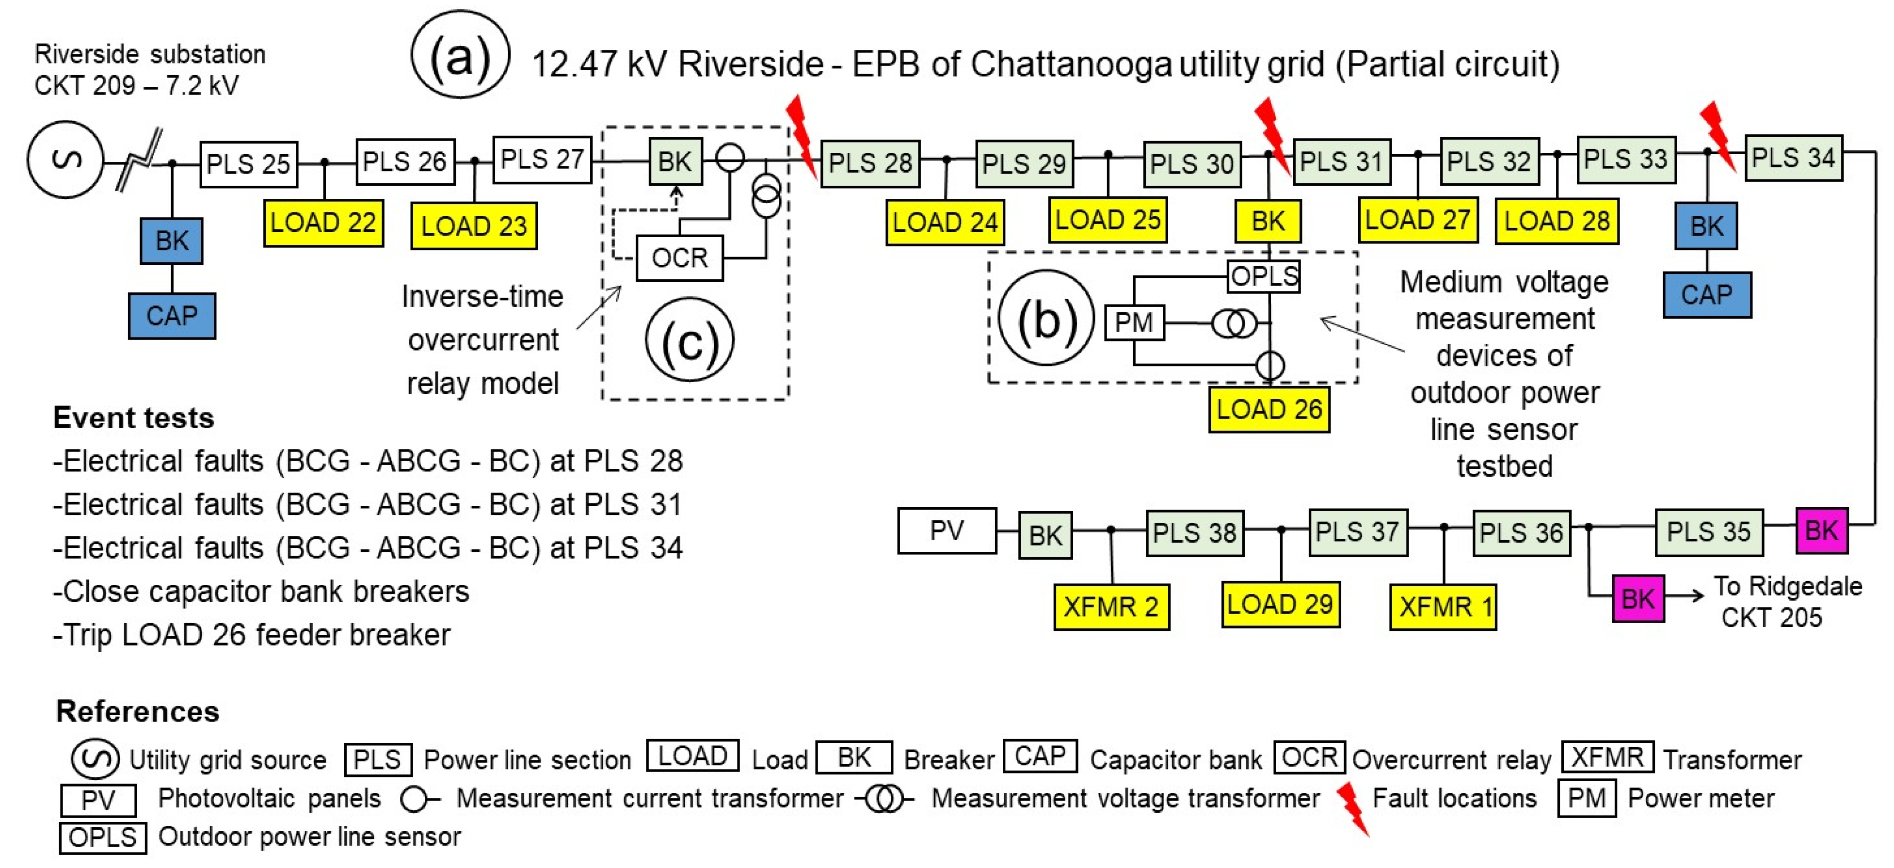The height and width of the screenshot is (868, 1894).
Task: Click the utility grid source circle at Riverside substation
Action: (x=65, y=160)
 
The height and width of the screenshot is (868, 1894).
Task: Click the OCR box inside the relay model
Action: (x=679, y=258)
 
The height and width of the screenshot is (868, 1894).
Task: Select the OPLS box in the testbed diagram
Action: (x=1264, y=276)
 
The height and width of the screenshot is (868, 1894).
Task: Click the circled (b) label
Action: (x=1046, y=319)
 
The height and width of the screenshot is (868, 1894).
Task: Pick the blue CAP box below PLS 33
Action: (x=1706, y=295)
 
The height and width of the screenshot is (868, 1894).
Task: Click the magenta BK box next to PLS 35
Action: (x=1821, y=530)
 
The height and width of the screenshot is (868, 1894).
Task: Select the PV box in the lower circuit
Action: (x=946, y=530)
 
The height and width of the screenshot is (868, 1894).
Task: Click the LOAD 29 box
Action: (x=1280, y=604)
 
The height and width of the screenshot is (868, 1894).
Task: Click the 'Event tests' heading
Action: (x=134, y=418)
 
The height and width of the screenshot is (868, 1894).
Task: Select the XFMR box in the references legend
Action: (x=1607, y=757)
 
